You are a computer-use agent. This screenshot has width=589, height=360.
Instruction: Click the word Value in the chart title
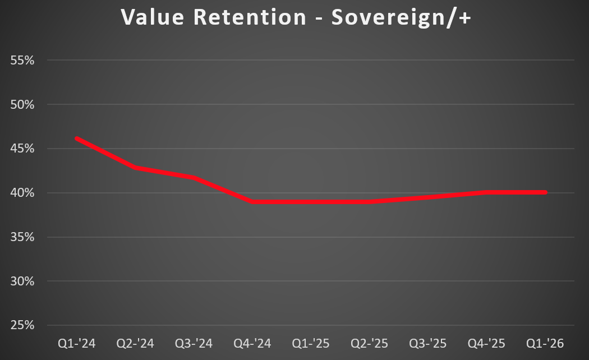pos(152,17)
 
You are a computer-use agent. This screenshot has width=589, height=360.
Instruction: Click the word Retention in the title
pos(250,17)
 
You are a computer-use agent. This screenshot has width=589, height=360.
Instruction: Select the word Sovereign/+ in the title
pos(401,18)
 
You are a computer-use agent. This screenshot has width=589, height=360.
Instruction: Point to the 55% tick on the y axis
pos(22,60)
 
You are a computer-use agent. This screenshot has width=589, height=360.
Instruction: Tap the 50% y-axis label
pos(22,104)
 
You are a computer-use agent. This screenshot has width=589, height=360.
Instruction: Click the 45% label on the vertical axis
pos(22,149)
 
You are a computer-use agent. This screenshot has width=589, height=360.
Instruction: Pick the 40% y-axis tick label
pos(22,193)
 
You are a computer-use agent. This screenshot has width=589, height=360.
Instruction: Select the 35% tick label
pos(22,237)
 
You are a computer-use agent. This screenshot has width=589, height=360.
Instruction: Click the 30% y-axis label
pos(22,281)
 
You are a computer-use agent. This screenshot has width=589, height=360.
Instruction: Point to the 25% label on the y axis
pos(22,325)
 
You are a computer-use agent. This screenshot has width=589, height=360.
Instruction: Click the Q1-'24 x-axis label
pos(77,343)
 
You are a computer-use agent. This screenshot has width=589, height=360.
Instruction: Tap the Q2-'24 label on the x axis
pos(135,343)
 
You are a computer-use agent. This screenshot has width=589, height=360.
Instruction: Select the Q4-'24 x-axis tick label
pos(252,343)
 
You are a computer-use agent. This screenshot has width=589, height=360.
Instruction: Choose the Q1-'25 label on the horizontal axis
pos(311,343)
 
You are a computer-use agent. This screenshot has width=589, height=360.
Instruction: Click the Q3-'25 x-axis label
pos(428,343)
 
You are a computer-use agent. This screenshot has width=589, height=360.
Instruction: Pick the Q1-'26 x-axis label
pos(545,343)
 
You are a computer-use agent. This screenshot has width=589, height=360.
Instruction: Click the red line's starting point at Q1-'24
pos(77,139)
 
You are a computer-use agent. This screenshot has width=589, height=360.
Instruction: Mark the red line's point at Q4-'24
pos(252,202)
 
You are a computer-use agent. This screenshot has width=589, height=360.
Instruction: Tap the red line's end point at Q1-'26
pos(545,192)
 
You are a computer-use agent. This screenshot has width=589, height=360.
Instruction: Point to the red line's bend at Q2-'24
pos(135,168)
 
